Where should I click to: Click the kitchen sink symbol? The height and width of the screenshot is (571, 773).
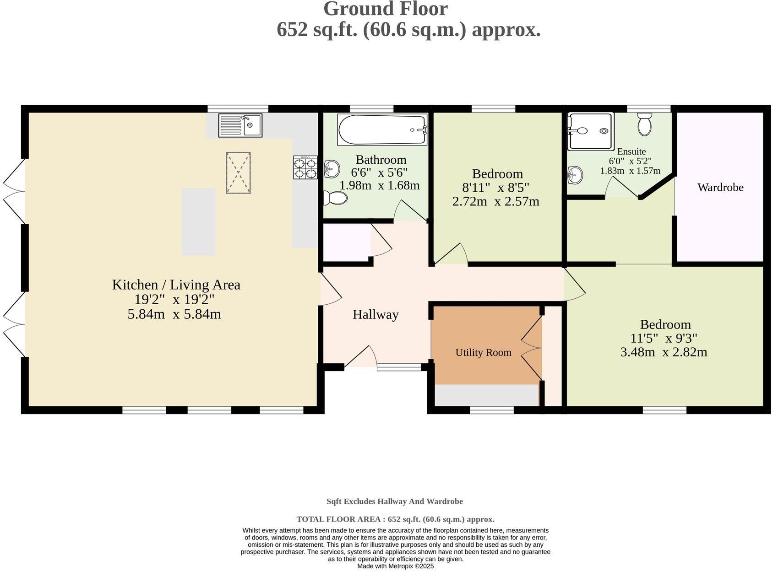click(x=240, y=125)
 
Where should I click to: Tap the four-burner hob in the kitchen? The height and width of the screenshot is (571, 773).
click(x=305, y=167)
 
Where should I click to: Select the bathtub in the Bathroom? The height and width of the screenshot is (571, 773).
click(x=382, y=130)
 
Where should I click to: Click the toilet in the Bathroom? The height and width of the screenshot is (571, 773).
click(x=335, y=198)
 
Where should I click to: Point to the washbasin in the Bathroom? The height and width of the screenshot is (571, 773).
click(x=332, y=169)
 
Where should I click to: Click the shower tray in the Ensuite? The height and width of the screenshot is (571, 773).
click(x=590, y=131)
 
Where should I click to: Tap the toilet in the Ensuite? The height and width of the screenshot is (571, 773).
click(x=644, y=124)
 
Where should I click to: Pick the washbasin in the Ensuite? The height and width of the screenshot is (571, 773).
click(x=575, y=174)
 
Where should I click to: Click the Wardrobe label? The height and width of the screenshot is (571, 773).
click(x=720, y=187)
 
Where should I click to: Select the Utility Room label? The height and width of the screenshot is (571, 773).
click(x=483, y=352)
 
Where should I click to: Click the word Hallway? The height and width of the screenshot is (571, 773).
click(x=376, y=314)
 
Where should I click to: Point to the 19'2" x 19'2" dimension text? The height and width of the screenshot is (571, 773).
click(x=174, y=300)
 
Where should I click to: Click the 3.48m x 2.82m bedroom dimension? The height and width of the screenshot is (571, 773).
click(x=664, y=352)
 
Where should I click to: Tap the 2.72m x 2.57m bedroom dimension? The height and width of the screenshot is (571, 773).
click(x=496, y=201)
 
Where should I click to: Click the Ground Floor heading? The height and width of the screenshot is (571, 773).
click(x=385, y=9)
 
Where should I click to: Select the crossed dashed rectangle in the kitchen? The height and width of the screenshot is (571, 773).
click(x=238, y=173)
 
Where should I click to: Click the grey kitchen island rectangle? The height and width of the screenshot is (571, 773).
click(x=198, y=221)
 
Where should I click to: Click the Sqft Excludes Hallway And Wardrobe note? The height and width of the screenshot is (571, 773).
click(x=394, y=501)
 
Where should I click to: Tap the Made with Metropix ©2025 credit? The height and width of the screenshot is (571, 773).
click(x=395, y=566)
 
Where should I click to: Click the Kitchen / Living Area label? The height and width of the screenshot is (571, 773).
click(x=176, y=285)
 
